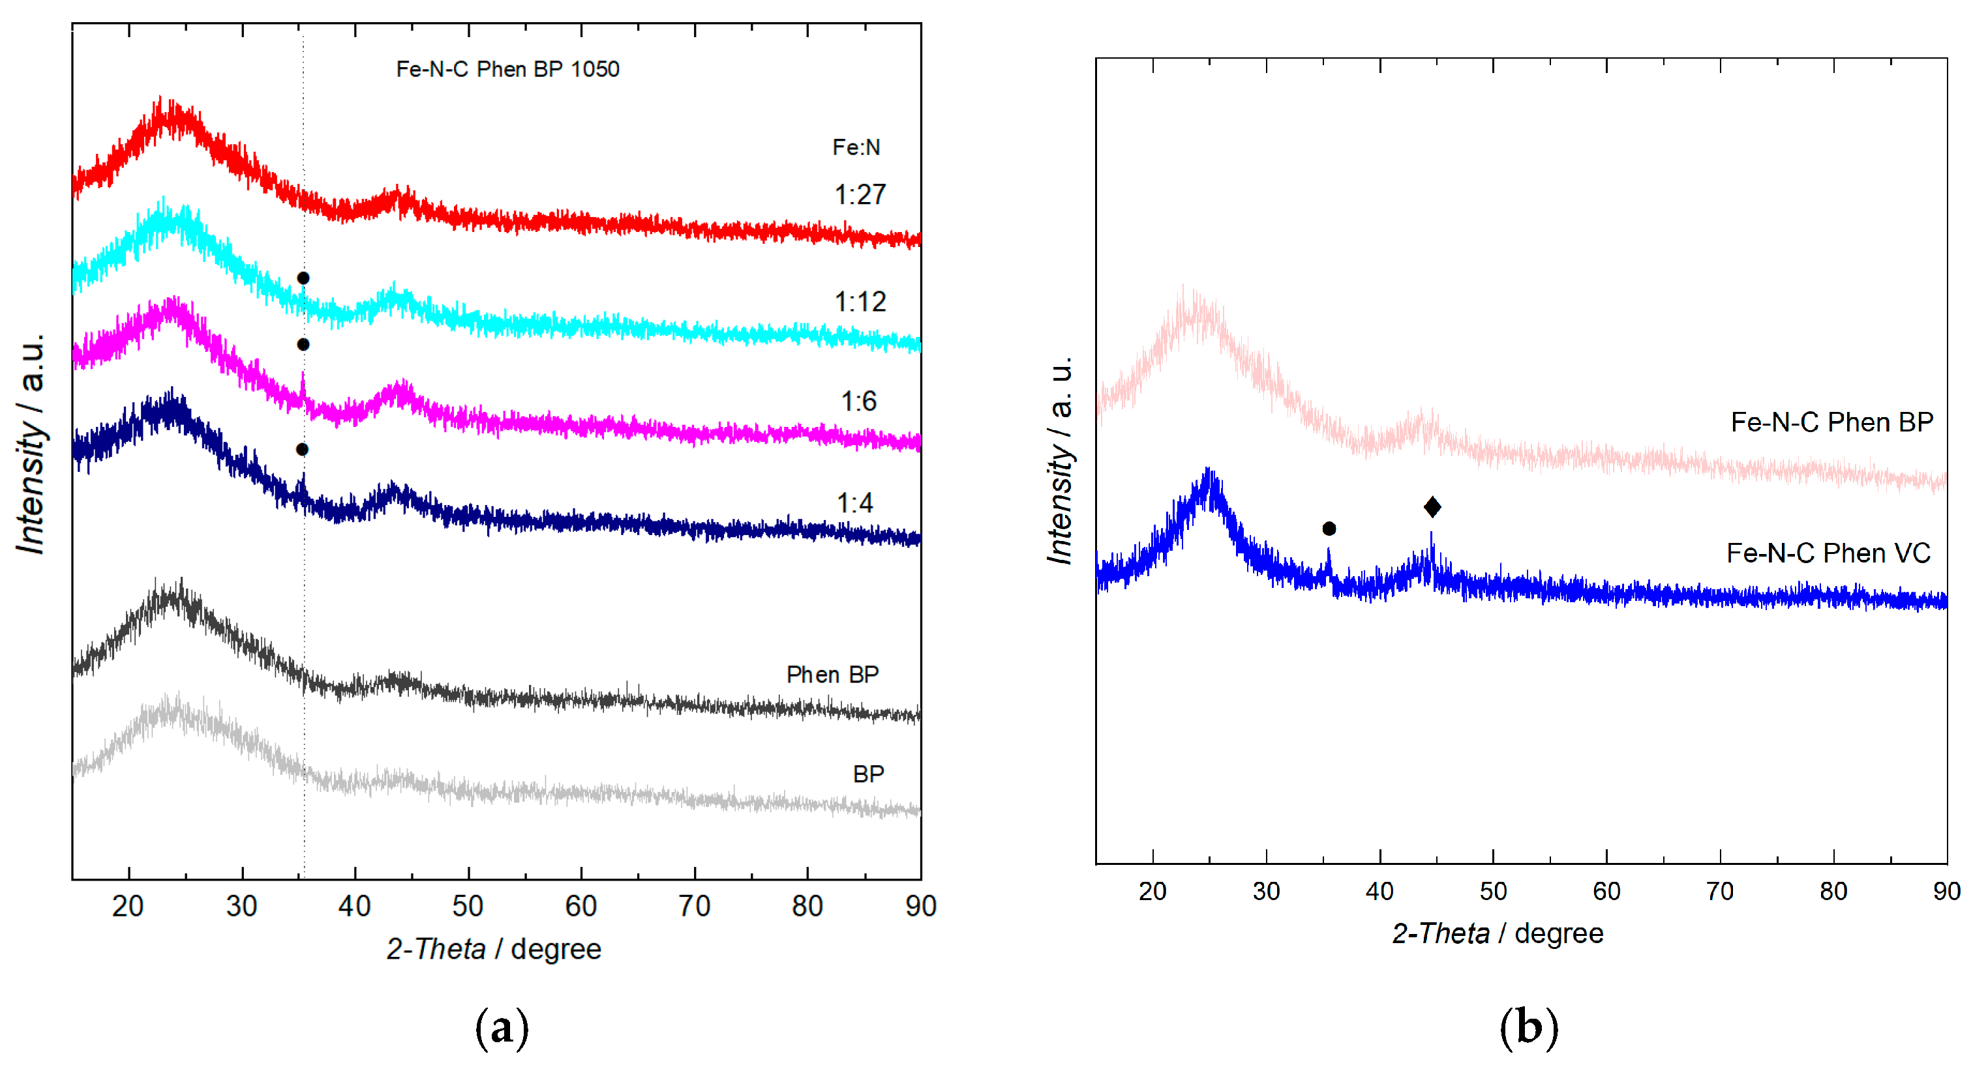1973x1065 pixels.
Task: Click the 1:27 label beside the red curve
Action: (860, 196)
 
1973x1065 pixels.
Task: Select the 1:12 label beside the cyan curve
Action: (860, 302)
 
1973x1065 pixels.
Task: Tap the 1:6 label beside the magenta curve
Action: (858, 401)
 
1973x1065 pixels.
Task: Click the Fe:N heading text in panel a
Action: (856, 147)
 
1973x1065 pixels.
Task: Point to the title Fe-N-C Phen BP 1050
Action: (507, 70)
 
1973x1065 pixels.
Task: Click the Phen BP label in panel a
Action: (832, 675)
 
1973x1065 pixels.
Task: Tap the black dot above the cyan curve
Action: (303, 278)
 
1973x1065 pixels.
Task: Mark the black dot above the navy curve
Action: (303, 450)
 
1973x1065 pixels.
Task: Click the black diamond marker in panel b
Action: (1432, 507)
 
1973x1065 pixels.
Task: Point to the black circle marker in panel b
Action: (1329, 529)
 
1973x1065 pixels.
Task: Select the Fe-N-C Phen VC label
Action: (1828, 553)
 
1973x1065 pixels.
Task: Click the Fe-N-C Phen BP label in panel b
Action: (1831, 422)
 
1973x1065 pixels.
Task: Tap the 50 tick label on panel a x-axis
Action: (467, 907)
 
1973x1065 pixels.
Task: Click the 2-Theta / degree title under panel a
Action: (493, 950)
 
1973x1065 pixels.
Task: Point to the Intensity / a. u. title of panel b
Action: (1061, 460)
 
